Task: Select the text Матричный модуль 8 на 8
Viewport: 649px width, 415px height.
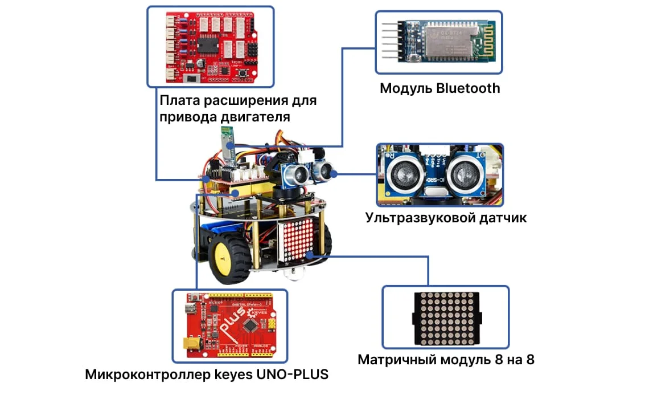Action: click(x=446, y=360)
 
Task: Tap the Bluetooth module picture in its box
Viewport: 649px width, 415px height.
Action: click(x=438, y=42)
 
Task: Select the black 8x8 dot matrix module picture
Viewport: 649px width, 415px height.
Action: click(x=445, y=317)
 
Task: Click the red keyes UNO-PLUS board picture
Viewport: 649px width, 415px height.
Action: click(x=229, y=326)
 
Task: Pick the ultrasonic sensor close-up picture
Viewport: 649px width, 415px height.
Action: click(x=439, y=174)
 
